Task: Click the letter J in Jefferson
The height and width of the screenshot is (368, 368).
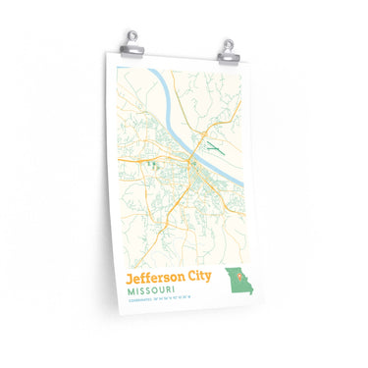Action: click(129, 277)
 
